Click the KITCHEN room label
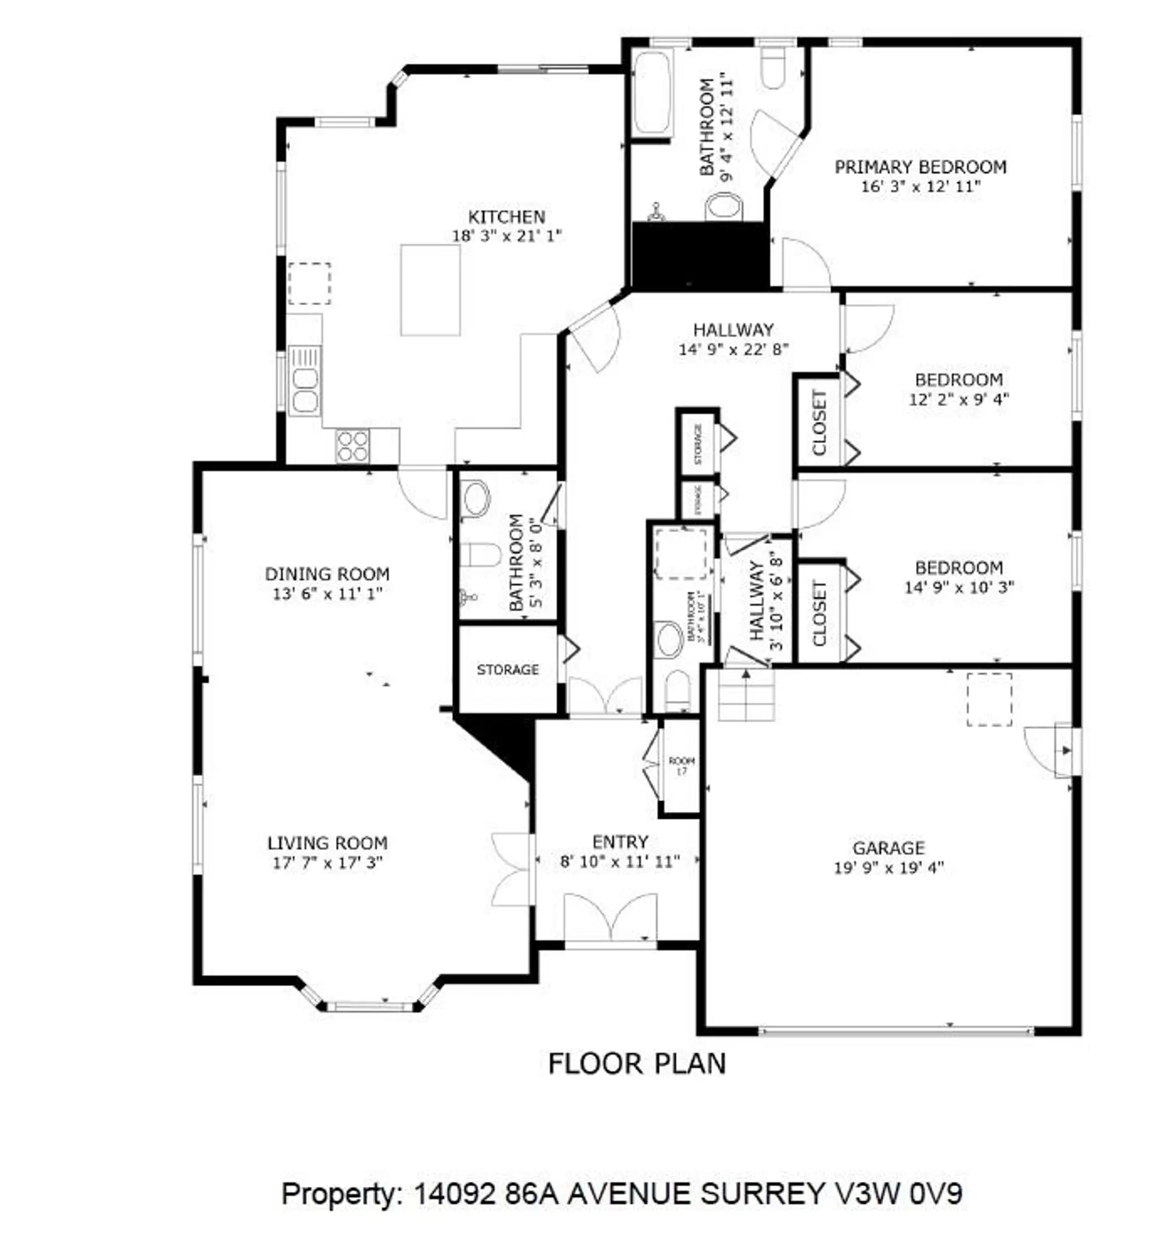coord(506,217)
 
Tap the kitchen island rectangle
coord(430,289)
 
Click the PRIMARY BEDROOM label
coord(920,167)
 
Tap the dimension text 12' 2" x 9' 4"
coord(958,399)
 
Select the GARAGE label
coord(888,848)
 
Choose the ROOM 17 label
coord(681,765)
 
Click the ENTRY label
coord(620,842)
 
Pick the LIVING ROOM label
coord(327,843)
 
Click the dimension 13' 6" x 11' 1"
coord(327,593)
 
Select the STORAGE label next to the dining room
coord(507,670)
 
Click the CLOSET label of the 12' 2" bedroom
coord(819,422)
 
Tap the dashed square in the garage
coord(988,700)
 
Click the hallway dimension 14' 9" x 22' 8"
coord(733,349)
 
